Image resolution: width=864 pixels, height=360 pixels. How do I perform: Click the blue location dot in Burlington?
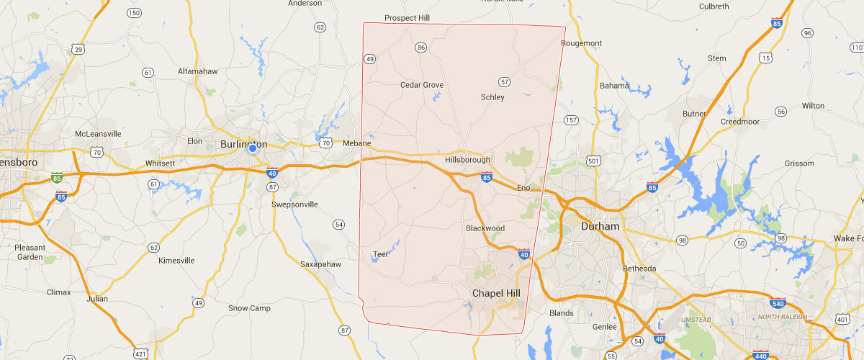[x=252, y=148]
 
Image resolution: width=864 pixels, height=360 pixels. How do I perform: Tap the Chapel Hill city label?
[x=496, y=293]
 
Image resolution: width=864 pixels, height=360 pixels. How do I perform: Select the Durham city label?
[x=600, y=226]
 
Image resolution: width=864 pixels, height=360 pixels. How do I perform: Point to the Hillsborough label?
[x=467, y=160]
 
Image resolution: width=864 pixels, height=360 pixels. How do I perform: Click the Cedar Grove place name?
[x=422, y=85]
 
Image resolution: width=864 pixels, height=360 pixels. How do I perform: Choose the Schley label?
[x=492, y=97]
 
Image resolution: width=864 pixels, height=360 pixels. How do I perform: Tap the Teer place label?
[x=380, y=253]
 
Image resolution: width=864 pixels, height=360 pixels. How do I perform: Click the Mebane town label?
[x=356, y=143]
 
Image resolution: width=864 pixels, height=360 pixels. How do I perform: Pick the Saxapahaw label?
[x=320, y=264]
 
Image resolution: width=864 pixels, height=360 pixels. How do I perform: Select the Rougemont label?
[x=581, y=43]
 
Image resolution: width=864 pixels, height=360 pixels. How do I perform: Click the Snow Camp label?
[x=248, y=308]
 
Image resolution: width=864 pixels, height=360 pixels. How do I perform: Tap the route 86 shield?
[x=421, y=48]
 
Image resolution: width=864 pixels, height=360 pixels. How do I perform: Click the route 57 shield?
[x=504, y=82]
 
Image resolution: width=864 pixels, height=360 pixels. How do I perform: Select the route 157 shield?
[x=572, y=120]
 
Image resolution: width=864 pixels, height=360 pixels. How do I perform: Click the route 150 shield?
[x=133, y=13]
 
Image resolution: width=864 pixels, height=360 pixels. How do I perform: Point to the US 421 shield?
[x=141, y=352]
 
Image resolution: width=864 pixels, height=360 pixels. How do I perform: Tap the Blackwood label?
[x=485, y=228]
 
